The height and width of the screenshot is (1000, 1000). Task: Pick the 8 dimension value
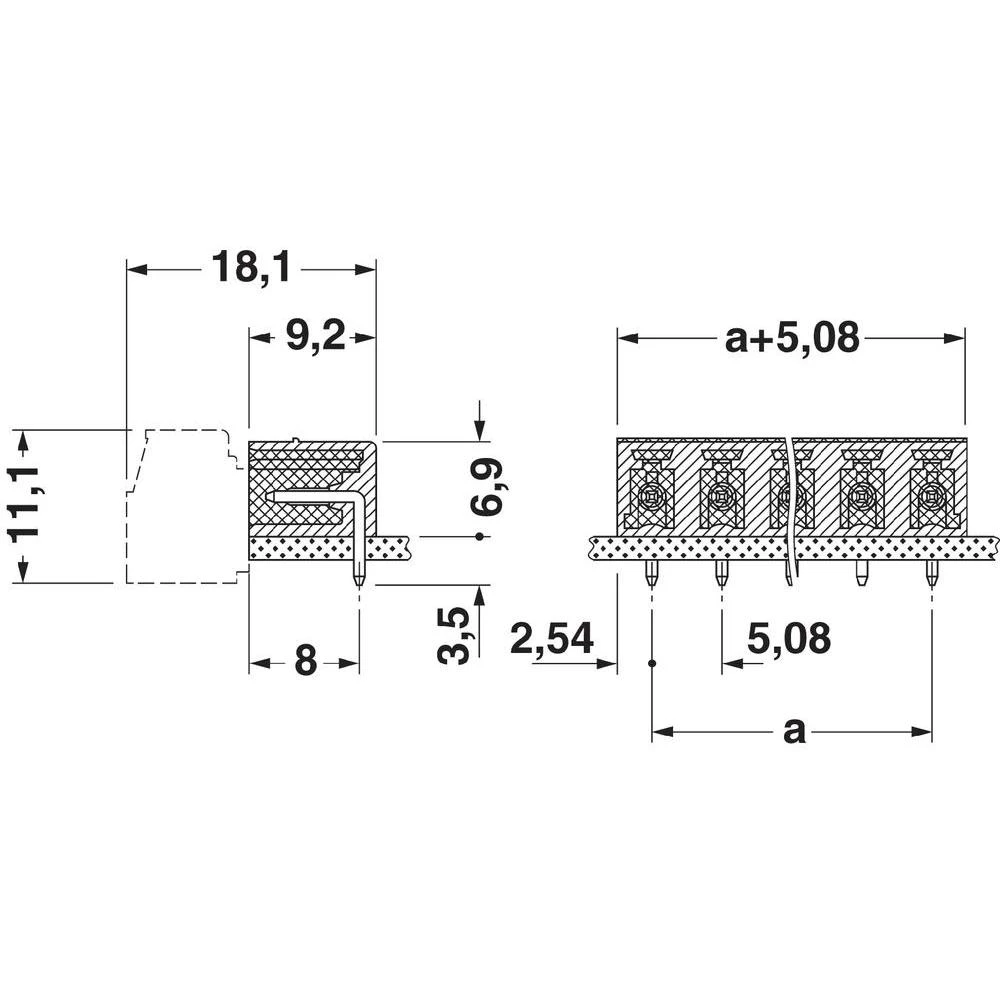coord(305,661)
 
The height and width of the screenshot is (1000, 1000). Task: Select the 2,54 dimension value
coord(552,637)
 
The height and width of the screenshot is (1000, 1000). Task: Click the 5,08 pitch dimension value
coord(789,637)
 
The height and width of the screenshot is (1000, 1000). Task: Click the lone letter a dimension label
coord(793,731)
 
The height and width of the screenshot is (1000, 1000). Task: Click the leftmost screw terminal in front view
coord(651,495)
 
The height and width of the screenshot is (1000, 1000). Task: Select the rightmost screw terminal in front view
coord(931,495)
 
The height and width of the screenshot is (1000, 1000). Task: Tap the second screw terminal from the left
coord(721,495)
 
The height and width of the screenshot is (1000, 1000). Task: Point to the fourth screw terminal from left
coord(861,495)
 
